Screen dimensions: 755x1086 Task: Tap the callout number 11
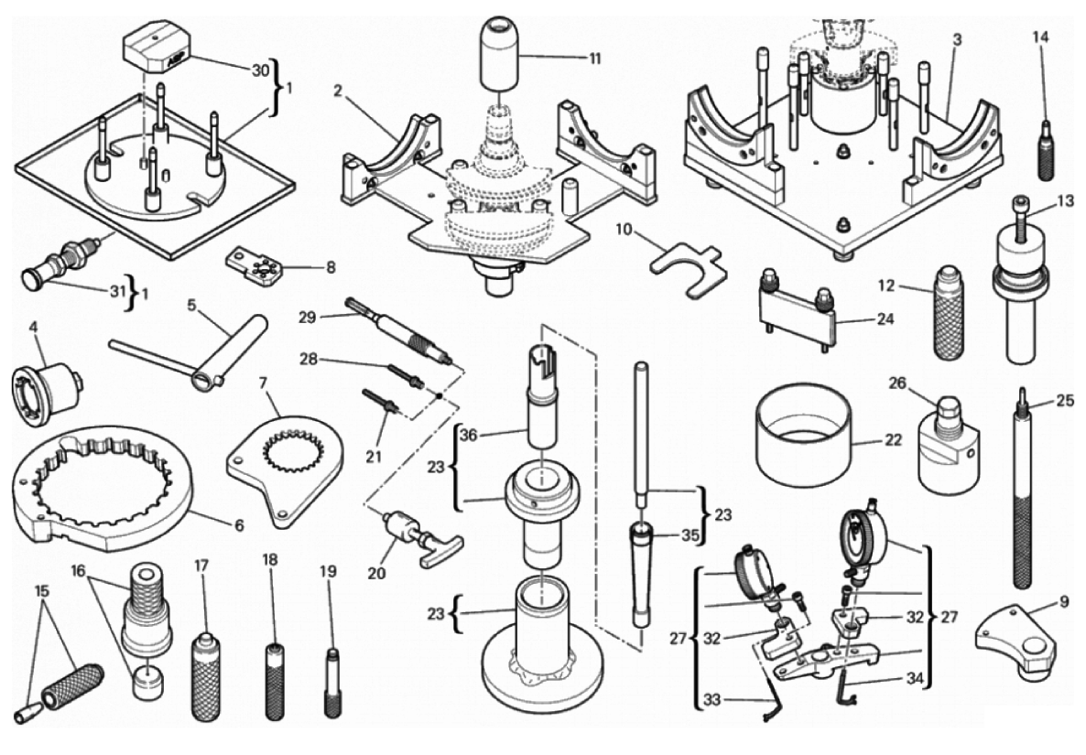pos(595,57)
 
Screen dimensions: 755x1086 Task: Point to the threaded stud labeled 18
pos(274,682)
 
